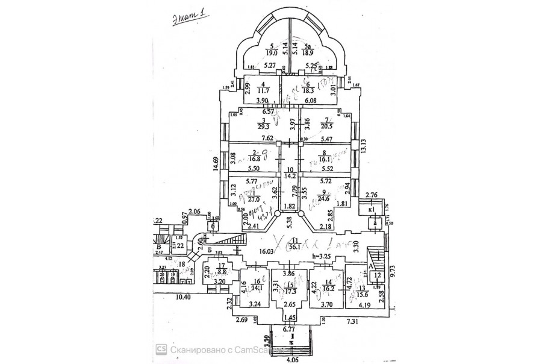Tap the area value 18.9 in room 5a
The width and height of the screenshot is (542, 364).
[308, 52]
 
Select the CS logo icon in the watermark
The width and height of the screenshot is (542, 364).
[162, 348]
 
